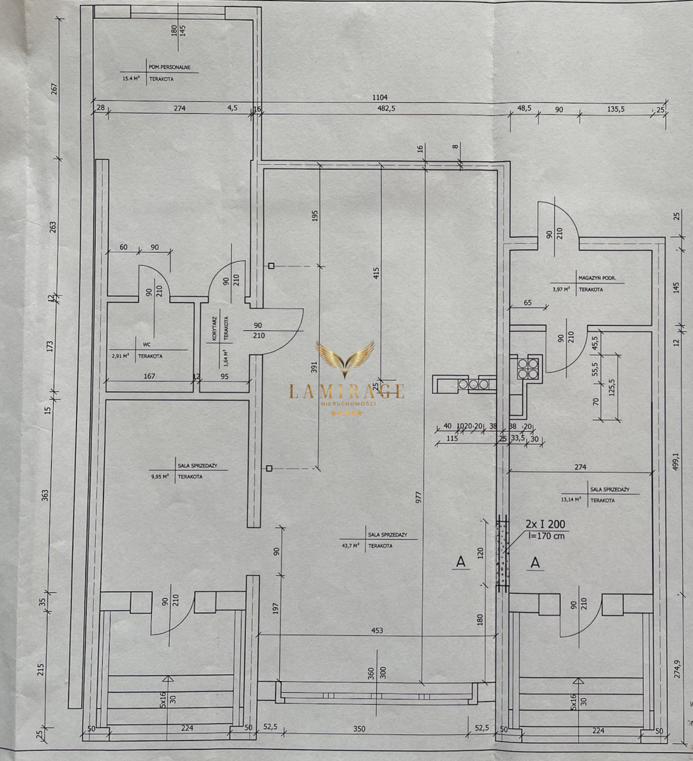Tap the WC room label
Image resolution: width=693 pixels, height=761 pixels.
[146, 345]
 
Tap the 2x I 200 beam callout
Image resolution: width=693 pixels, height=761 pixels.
[545, 524]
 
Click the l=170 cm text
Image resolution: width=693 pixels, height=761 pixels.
[545, 537]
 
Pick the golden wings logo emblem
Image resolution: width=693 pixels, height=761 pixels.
[346, 359]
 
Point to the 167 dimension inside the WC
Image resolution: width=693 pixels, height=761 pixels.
[149, 377]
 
